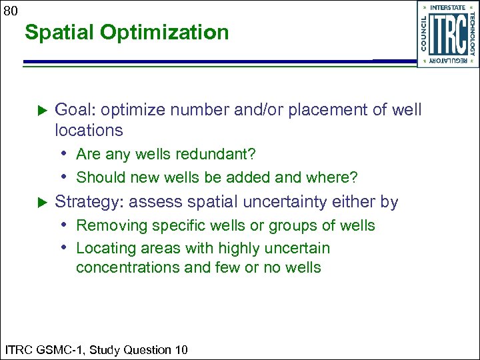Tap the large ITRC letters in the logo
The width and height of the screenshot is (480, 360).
447,35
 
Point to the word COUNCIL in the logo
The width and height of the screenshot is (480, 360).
425,34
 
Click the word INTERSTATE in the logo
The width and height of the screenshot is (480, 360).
448,7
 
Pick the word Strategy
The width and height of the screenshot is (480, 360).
83,202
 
